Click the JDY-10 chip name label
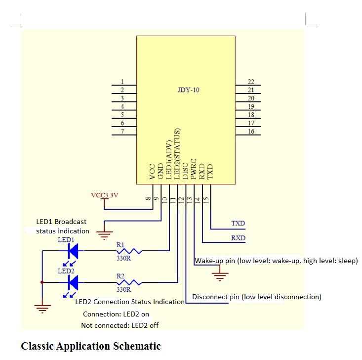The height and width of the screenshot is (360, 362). (x=188, y=90)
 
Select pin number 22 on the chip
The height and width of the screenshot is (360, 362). (x=251, y=82)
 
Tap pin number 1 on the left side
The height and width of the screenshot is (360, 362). (x=122, y=82)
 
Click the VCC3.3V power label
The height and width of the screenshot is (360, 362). (x=105, y=195)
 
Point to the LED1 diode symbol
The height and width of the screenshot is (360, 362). (x=73, y=251)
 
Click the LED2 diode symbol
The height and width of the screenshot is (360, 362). (x=73, y=282)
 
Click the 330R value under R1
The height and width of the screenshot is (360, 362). (x=123, y=258)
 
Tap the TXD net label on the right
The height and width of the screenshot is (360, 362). (x=238, y=224)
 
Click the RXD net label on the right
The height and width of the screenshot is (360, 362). (x=238, y=238)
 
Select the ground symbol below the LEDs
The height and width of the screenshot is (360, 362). (x=43, y=309)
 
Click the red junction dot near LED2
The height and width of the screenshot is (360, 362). (x=42, y=282)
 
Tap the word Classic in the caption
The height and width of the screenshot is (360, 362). (x=38, y=346)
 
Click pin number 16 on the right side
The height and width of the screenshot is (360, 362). (x=251, y=131)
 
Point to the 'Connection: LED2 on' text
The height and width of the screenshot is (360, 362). (x=116, y=314)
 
